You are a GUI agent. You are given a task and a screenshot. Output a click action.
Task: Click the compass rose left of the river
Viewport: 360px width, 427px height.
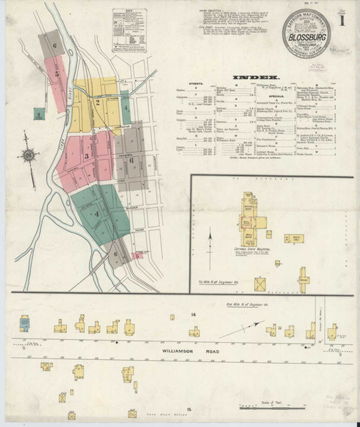(30, 153)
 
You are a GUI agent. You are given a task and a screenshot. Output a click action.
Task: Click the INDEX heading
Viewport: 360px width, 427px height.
(254, 76)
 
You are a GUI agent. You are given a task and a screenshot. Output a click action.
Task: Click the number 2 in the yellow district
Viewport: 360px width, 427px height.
(97, 102)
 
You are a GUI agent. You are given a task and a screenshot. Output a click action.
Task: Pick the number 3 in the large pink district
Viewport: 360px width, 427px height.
(86, 156)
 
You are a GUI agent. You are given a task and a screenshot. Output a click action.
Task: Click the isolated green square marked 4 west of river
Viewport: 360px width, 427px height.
(37, 114)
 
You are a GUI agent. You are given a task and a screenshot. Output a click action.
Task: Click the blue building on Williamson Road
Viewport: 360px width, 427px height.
(25, 321)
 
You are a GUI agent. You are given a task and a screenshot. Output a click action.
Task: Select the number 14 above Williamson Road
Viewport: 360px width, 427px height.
(193, 315)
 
